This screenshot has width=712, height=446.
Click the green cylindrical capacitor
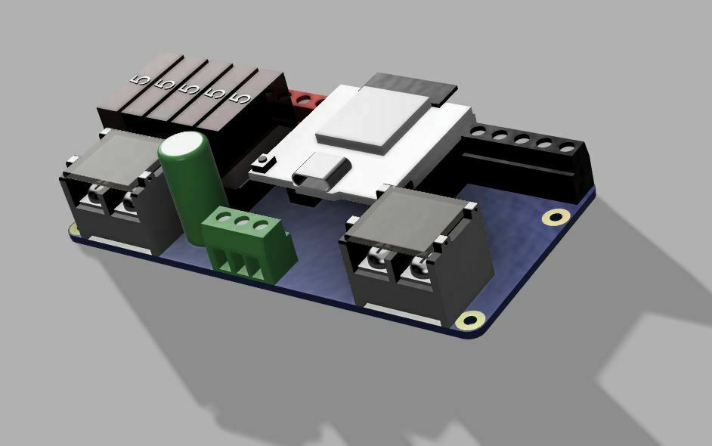(x=190, y=185)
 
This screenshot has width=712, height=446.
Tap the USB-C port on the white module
(x=317, y=175)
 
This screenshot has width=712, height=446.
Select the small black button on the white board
(x=264, y=160)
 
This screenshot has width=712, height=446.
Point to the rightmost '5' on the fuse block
(x=243, y=98)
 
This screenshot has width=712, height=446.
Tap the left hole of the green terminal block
(x=225, y=219)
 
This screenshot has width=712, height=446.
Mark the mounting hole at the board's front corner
(x=472, y=320)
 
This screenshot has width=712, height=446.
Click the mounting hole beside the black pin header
(x=556, y=218)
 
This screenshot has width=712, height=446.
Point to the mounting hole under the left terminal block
(x=74, y=228)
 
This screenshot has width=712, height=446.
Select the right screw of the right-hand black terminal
(x=416, y=268)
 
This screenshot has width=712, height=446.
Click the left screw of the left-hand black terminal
(x=94, y=197)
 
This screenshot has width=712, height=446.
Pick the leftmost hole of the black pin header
(x=477, y=132)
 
